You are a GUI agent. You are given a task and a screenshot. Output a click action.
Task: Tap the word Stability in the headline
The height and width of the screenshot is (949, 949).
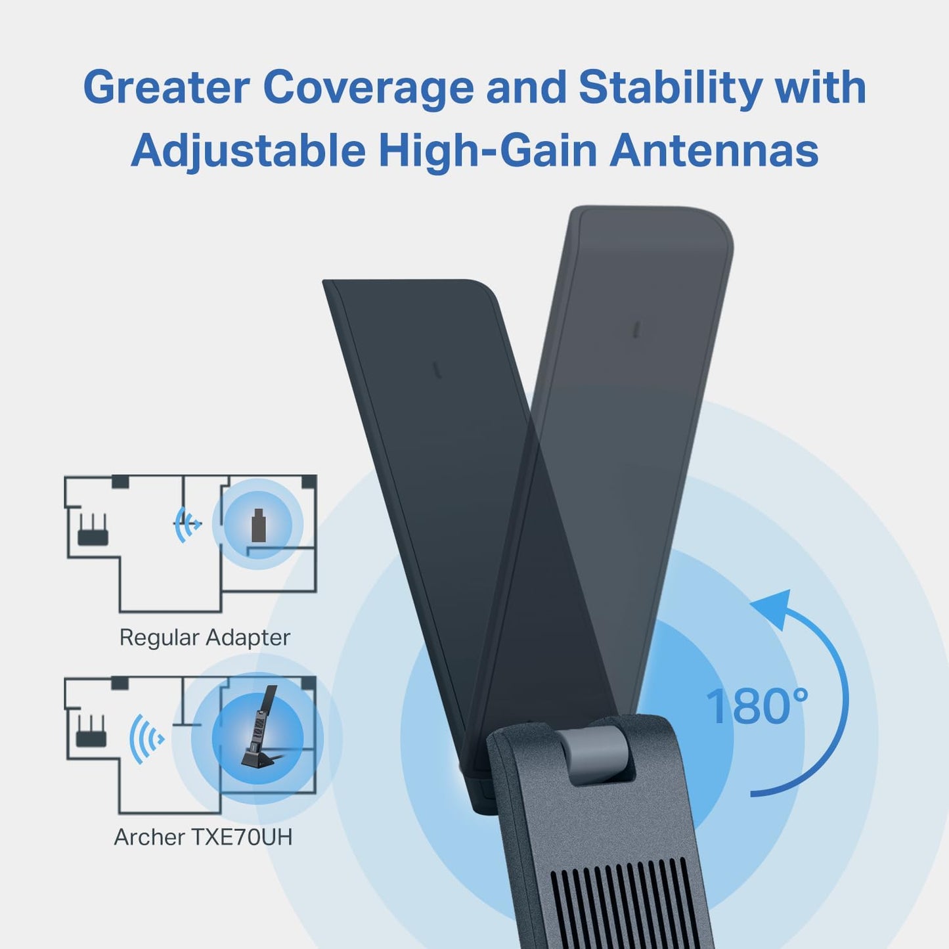(x=671, y=87)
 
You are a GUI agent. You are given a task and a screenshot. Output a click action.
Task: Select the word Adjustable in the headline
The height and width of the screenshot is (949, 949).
(x=248, y=150)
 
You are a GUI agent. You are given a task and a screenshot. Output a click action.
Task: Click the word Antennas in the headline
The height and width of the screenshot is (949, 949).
(x=714, y=150)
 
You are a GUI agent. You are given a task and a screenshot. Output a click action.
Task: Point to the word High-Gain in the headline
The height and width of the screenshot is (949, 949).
(x=487, y=150)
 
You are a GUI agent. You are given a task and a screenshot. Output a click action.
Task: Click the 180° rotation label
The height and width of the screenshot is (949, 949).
(x=757, y=707)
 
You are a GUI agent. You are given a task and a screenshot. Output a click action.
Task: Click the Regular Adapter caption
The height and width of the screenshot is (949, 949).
(x=204, y=637)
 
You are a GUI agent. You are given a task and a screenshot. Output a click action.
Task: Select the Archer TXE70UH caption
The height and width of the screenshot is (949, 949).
(x=203, y=837)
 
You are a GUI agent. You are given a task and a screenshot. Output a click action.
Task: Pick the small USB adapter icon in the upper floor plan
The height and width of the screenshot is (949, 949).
(x=259, y=525)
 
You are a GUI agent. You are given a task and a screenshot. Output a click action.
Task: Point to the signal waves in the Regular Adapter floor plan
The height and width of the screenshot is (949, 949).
(x=187, y=524)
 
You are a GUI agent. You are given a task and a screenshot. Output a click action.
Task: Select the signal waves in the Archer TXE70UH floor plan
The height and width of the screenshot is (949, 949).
(x=146, y=738)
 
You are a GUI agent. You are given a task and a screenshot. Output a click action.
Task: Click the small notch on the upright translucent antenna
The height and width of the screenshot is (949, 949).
(x=636, y=329)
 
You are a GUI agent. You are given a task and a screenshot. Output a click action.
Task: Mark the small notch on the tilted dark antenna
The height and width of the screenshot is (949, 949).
(x=437, y=370)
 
